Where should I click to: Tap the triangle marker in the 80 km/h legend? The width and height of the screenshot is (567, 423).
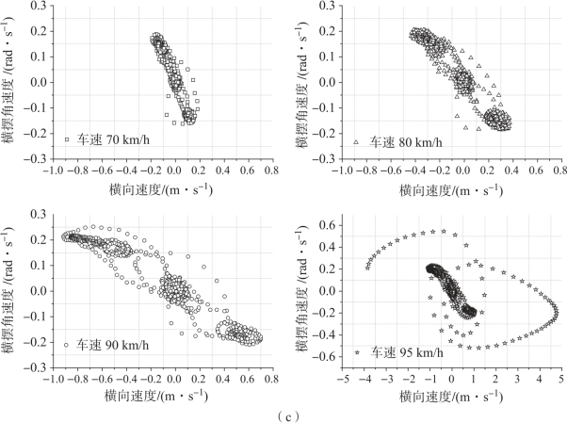click(x=357, y=141)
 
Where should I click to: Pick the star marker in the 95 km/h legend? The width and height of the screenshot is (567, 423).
click(x=358, y=351)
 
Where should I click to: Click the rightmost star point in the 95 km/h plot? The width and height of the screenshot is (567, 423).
click(x=556, y=311)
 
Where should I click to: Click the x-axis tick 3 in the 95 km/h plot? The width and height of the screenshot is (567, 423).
click(x=517, y=376)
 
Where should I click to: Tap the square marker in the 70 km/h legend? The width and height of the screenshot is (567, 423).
click(x=68, y=140)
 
